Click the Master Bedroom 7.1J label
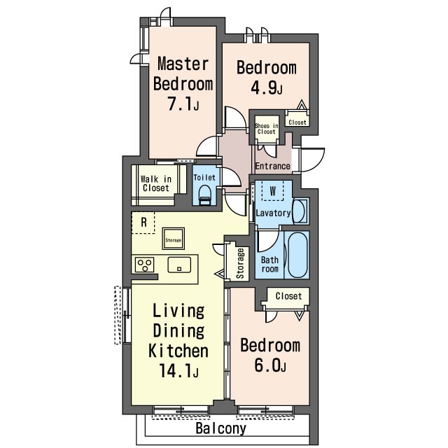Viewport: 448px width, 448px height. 183,83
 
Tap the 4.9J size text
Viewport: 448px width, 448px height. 267,88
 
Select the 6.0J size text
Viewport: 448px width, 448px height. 270,365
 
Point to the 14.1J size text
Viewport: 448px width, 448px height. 178,371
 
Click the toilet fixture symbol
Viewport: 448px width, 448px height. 204,195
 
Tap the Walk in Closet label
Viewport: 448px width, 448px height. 156,183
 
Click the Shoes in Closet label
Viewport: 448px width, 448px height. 266,129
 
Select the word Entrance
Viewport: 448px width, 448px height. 272,166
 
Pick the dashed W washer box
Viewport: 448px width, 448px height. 273,190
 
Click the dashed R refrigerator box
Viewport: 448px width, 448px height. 143,223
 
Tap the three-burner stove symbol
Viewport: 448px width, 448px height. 145,265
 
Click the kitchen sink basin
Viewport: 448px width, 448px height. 179,265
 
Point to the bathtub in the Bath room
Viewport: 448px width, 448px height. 297,255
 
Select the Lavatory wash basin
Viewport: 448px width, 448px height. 300,211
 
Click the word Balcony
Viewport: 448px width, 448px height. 221,428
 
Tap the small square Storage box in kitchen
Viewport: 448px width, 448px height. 173,239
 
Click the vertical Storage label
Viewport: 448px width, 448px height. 240,263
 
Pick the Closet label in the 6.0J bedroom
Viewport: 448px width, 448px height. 288,296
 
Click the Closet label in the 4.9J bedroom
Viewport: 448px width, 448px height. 297,122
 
